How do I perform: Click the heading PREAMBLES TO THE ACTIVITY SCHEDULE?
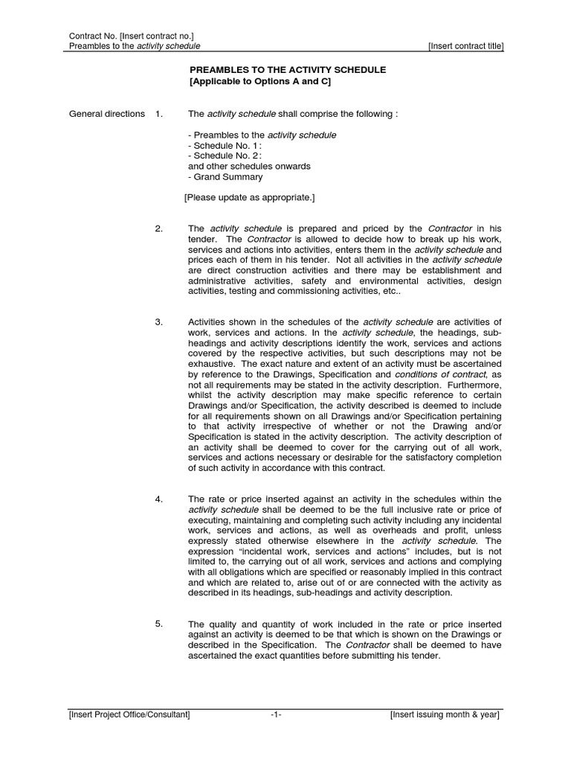pos(287,70)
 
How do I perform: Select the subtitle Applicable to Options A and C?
pos(259,81)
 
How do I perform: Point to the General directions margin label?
pos(107,114)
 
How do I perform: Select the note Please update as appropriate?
pos(249,197)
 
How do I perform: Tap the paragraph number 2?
pos(159,228)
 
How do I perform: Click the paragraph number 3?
pos(159,321)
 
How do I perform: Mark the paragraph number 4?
pos(159,499)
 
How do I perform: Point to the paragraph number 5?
pos(159,624)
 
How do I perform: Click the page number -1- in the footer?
pos(276,715)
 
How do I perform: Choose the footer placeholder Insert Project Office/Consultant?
pos(129,715)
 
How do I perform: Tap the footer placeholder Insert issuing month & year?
pos(445,715)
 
